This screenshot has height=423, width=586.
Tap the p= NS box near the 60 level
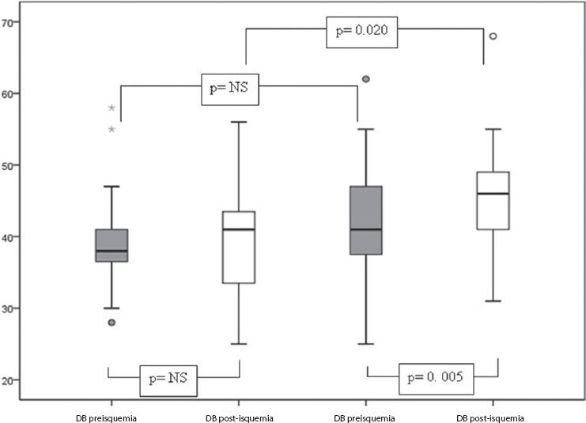[228, 89]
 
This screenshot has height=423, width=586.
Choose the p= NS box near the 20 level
[168, 379]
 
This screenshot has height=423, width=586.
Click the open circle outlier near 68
[493, 36]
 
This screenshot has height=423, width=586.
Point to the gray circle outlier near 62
[366, 79]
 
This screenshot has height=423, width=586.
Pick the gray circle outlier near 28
[112, 323]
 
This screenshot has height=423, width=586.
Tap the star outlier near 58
[112, 108]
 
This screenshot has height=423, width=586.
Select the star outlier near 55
[112, 129]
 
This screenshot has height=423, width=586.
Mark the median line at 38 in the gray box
[112, 251]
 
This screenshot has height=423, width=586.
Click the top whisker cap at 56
[239, 123]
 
